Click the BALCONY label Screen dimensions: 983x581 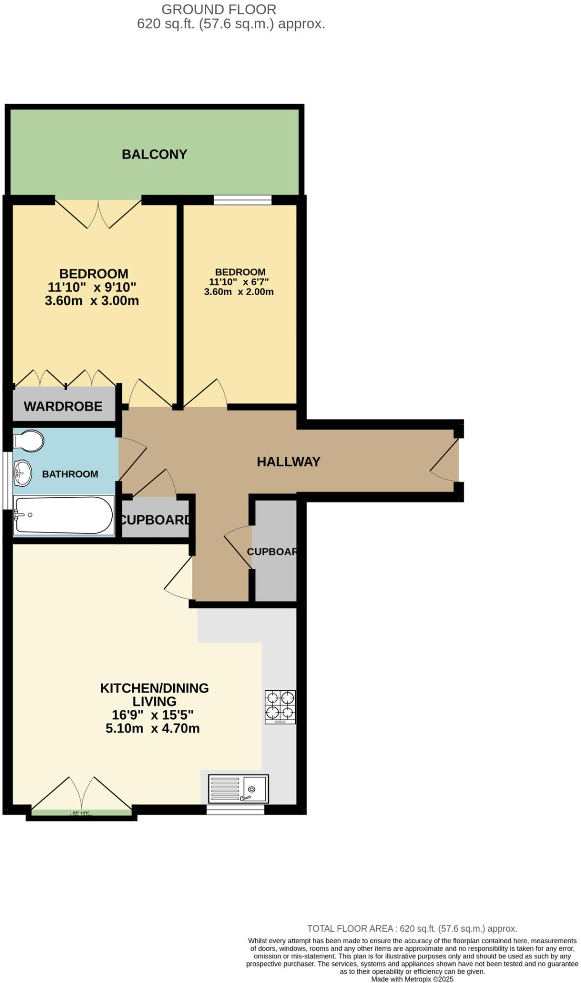click(x=154, y=154)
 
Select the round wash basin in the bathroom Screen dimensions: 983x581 click(x=22, y=473)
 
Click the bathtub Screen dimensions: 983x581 click(x=63, y=515)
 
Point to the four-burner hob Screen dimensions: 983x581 click(x=280, y=707)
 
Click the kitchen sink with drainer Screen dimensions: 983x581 click(x=238, y=789)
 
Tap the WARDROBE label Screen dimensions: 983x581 click(x=63, y=407)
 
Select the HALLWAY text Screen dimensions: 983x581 click(x=288, y=462)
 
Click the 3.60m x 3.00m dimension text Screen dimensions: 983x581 click(x=92, y=301)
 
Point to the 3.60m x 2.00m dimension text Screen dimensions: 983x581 click(x=239, y=292)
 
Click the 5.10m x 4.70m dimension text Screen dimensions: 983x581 click(x=153, y=728)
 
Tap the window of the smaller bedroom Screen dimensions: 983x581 click(x=242, y=200)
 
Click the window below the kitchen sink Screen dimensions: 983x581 click(x=235, y=810)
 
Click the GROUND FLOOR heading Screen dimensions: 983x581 click(x=219, y=9)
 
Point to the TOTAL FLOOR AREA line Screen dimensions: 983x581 click(x=412, y=928)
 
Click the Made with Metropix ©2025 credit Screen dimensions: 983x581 click(x=412, y=979)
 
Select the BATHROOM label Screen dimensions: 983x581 click(x=70, y=474)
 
